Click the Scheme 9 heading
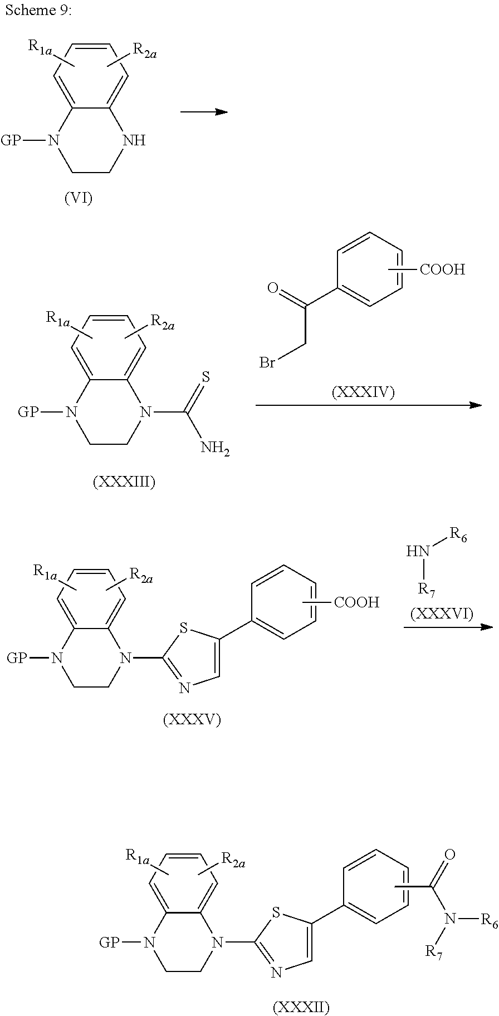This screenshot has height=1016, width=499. (x=38, y=11)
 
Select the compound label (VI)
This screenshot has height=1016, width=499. (x=79, y=199)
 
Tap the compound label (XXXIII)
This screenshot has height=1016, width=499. (x=124, y=482)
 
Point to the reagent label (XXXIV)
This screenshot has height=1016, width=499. (x=363, y=393)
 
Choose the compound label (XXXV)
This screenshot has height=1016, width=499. (x=192, y=720)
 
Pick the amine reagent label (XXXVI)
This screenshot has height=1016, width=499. (x=442, y=614)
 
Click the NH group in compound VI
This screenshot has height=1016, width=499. (x=134, y=140)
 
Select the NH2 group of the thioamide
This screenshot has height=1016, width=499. (x=214, y=448)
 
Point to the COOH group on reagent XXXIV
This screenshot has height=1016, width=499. (x=442, y=271)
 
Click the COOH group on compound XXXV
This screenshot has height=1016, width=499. (x=356, y=602)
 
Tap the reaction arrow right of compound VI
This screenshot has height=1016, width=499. (x=204, y=112)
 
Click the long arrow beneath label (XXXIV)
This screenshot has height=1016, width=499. (x=368, y=405)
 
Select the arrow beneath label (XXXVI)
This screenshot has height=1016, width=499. (x=448, y=627)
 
